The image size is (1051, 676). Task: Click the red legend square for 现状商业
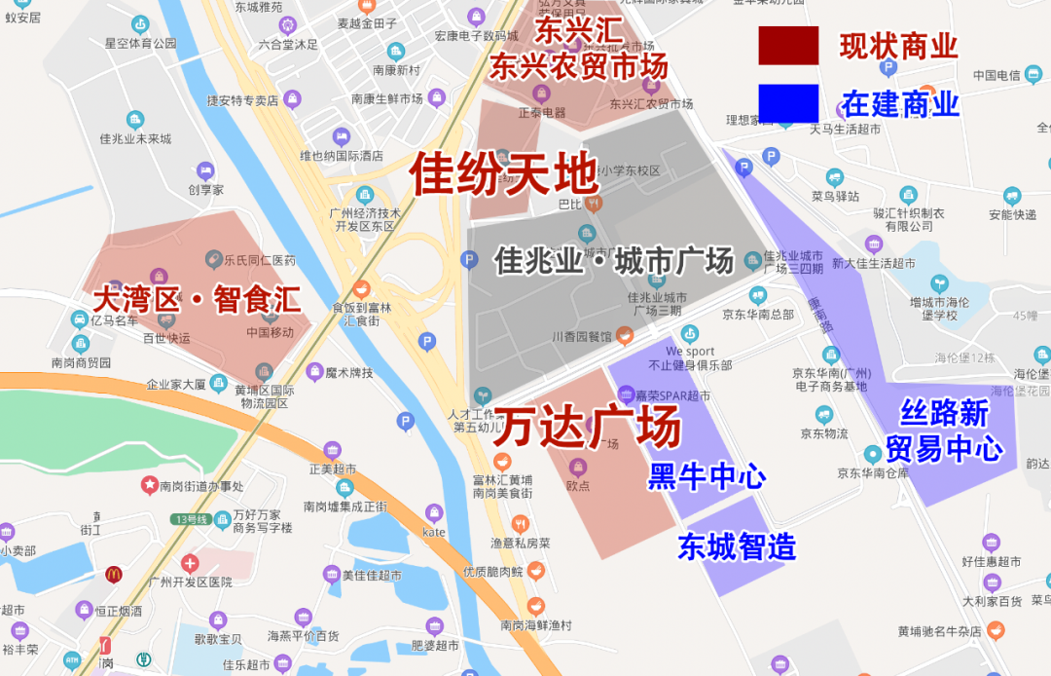[788, 46]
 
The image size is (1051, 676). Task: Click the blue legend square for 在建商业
[788, 103]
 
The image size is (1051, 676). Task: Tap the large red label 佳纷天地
[502, 174]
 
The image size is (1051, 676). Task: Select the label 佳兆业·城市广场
[614, 261]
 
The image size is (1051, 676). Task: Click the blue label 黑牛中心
[707, 476]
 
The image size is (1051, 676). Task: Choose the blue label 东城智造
[737, 545]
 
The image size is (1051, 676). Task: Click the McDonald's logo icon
[114, 575]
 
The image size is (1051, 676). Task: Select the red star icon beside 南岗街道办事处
[150, 484]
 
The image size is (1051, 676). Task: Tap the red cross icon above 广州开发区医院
[190, 563]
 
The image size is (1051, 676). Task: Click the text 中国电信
[996, 75]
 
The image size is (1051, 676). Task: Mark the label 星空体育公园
[140, 43]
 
